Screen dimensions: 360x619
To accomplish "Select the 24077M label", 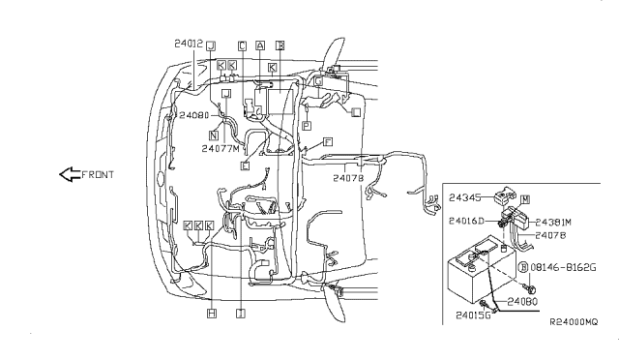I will [x=221, y=149].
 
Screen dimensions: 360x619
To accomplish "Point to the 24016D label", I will [x=467, y=222].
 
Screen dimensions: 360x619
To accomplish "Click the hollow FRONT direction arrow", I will [x=69, y=175].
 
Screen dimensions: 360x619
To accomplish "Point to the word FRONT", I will [x=98, y=175].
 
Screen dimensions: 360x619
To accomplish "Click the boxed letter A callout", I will [x=259, y=45].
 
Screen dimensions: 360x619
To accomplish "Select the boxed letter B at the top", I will [x=280, y=45].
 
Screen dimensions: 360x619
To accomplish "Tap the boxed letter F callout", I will [x=329, y=142].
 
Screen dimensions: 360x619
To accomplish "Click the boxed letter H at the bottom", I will [x=211, y=313].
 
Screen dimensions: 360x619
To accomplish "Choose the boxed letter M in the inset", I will [x=526, y=198].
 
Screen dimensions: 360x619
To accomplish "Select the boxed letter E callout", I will [x=245, y=165].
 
